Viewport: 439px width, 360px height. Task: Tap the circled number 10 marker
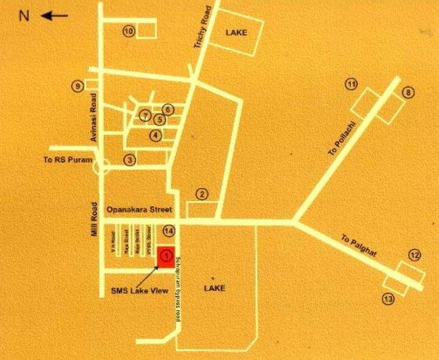[129, 31]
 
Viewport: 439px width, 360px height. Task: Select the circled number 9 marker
[78, 85]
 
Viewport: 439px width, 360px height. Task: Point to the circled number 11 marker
[352, 85]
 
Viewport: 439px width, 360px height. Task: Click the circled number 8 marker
[408, 93]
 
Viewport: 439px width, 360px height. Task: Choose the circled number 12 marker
[414, 255]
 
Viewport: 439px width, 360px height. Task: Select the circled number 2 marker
[202, 194]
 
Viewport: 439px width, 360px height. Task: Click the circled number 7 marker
[145, 116]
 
